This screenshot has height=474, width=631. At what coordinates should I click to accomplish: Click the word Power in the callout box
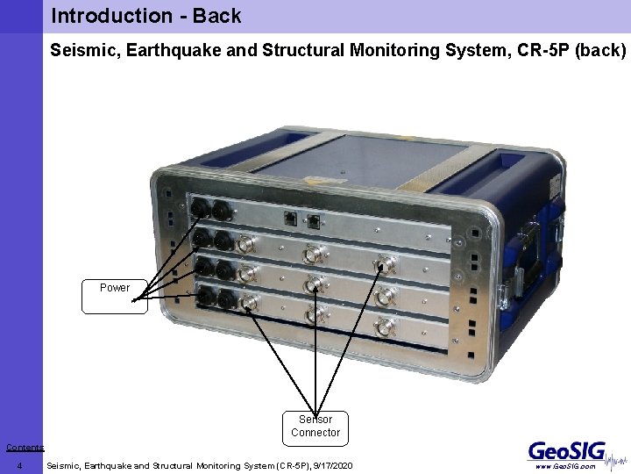[x=115, y=288]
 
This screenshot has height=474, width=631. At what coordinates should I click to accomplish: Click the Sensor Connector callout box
[x=315, y=426]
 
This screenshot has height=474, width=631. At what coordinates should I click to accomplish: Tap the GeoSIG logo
[x=566, y=450]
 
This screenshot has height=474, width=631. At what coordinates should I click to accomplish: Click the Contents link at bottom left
[x=25, y=448]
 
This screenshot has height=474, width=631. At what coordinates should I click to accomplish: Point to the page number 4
[x=19, y=466]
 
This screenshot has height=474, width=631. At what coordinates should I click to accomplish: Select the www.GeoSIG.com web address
[x=564, y=467]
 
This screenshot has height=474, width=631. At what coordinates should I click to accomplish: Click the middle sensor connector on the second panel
[x=313, y=255]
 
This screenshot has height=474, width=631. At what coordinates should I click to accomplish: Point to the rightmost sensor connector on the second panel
[x=383, y=264]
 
